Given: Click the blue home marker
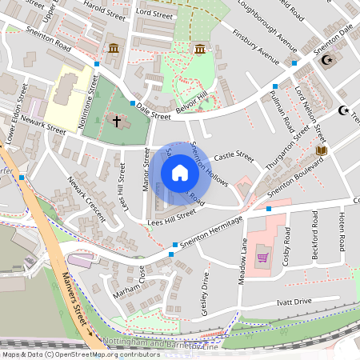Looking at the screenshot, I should (180, 173).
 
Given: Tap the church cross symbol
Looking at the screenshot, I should (117, 122).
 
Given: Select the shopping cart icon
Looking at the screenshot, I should (262, 258).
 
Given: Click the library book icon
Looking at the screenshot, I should (322, 150).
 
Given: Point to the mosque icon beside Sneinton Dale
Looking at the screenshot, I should (326, 59).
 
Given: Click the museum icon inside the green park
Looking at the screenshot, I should (199, 50).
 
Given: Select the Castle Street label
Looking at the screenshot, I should (233, 158).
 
